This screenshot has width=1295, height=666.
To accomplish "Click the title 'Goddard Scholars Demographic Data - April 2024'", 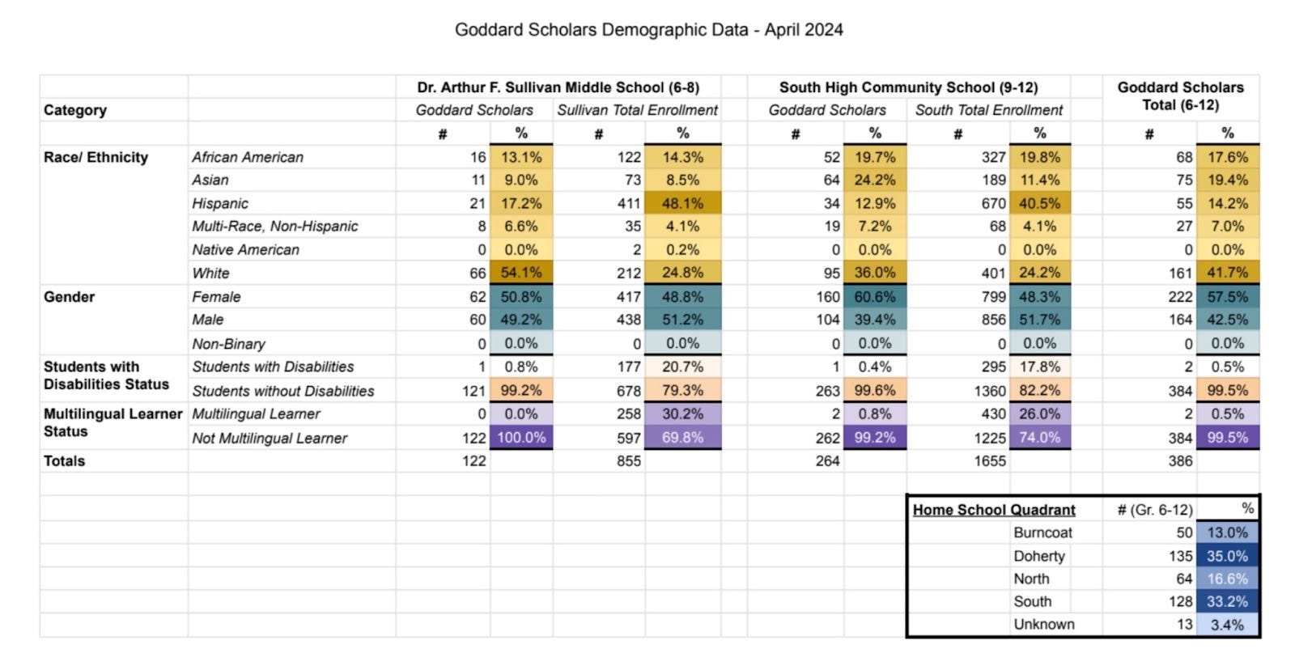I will (648, 30).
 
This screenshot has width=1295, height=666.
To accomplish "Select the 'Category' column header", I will (75, 110).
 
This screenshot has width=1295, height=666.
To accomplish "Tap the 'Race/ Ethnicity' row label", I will (96, 157).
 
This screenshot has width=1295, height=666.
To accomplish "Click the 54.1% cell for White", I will (520, 273).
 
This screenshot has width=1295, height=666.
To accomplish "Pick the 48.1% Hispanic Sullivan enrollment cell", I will (682, 203).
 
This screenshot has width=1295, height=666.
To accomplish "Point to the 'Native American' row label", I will (245, 250).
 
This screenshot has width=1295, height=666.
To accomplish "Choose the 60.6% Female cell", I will (874, 297).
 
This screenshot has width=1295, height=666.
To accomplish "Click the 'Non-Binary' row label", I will (228, 344).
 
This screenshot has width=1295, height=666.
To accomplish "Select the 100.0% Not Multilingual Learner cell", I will (520, 438).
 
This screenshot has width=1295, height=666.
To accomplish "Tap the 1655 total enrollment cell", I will (990, 461).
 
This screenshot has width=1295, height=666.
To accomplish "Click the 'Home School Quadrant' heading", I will (994, 510).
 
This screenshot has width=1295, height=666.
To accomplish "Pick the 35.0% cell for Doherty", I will (1227, 556).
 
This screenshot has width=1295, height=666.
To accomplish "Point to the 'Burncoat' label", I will (1042, 532).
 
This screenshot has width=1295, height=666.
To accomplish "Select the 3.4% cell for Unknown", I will (1227, 625).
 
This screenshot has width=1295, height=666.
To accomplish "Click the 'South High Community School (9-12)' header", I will (908, 87).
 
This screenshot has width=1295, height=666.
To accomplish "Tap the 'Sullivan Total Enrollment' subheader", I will (637, 110).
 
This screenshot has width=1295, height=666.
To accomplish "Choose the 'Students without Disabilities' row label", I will (282, 391).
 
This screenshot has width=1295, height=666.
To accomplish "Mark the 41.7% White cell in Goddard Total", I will (1227, 273).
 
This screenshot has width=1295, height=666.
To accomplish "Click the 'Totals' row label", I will (64, 461).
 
